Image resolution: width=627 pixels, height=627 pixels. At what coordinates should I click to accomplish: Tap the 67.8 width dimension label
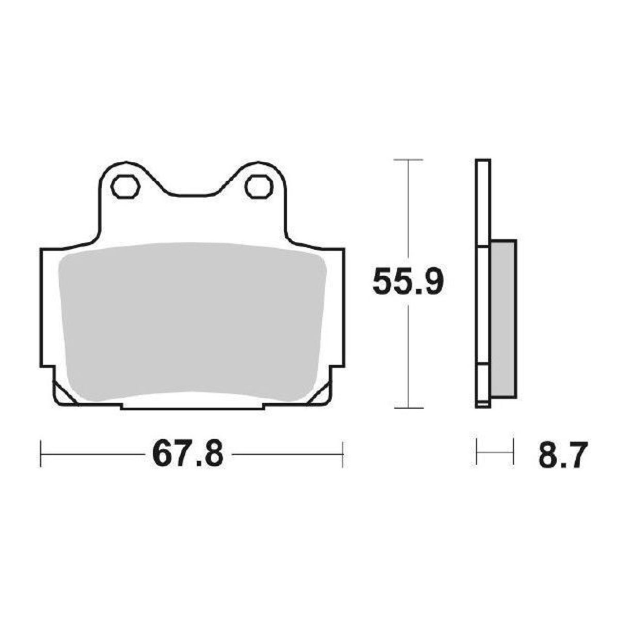(x=188, y=454)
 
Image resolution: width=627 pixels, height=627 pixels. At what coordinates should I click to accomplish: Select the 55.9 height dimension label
(x=408, y=283)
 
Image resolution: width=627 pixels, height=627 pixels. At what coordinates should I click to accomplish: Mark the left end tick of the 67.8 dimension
(x=41, y=454)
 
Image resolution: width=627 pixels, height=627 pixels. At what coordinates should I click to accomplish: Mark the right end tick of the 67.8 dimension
(x=342, y=454)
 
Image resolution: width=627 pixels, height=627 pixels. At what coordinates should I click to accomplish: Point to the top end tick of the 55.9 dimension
(x=409, y=160)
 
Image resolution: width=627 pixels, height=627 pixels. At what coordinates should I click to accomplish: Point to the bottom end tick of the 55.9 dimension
(x=409, y=408)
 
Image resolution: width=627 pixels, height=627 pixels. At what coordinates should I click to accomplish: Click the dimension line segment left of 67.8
(x=93, y=454)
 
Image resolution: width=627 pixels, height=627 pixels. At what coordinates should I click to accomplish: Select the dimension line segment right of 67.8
(x=287, y=454)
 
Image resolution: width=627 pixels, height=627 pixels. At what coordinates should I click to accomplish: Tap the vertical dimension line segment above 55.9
(x=409, y=212)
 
